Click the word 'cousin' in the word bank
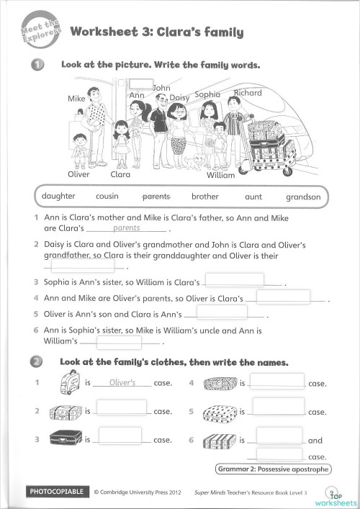pos(107,196)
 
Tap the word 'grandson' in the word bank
pos(303,196)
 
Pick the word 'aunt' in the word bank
pos(253,196)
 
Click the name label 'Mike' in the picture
pos(76,98)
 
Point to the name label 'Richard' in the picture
pos(248,93)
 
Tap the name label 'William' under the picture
pos(220,175)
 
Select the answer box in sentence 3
pos(235,280)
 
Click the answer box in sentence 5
pos(221,313)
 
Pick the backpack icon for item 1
pos(68,382)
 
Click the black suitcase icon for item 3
pos(65,438)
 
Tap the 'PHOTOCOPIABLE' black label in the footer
pos(56,492)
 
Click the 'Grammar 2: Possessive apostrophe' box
pos(273,469)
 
